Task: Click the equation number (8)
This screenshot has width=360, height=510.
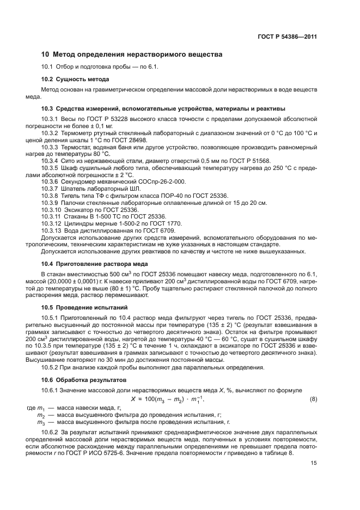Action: pyautogui.click(x=313, y=400)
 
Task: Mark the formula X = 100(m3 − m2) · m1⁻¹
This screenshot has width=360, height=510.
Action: pyautogui.click(x=179, y=400)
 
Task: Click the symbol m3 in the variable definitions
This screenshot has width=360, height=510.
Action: pyautogui.click(x=40, y=422)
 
